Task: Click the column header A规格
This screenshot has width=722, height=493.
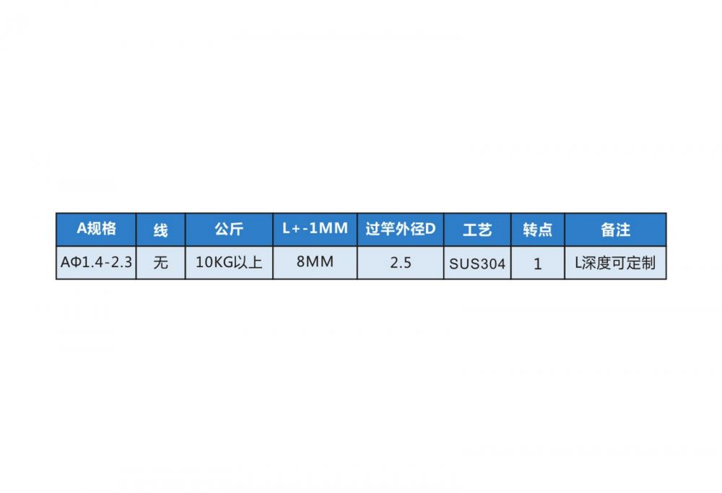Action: tap(96, 229)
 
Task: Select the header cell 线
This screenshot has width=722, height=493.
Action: tap(161, 230)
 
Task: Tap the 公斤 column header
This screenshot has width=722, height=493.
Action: tap(229, 230)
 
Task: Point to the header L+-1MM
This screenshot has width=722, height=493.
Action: tap(315, 229)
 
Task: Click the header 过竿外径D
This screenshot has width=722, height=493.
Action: tap(401, 229)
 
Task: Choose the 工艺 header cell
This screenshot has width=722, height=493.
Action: tap(477, 230)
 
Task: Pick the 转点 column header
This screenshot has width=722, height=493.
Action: tap(537, 230)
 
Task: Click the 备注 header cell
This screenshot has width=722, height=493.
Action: tap(616, 230)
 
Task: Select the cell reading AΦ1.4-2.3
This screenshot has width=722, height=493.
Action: tap(96, 263)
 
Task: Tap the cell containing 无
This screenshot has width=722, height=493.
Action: tap(161, 263)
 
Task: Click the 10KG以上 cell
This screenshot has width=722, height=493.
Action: tap(229, 263)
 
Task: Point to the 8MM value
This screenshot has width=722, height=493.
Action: tap(315, 262)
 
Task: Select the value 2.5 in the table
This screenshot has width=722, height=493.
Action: tap(401, 263)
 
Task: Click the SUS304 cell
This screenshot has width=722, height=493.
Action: tap(477, 263)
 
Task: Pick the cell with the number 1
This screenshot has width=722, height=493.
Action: tap(537, 263)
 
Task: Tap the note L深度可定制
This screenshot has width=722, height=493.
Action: tap(616, 263)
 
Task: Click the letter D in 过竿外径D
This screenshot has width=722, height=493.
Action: tap(430, 229)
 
